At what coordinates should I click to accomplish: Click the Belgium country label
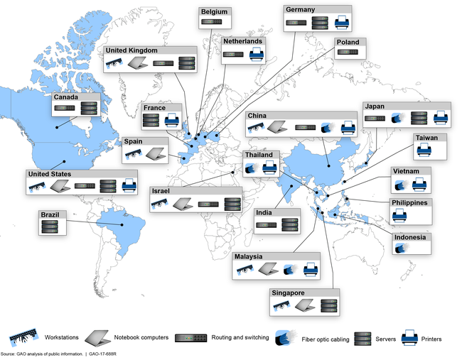click(215, 12)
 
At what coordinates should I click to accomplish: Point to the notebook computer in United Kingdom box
click(137, 64)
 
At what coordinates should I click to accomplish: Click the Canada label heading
click(66, 97)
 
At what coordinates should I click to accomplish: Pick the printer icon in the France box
click(172, 120)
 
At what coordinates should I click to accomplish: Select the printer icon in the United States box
click(129, 186)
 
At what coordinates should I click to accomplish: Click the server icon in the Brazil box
click(50, 226)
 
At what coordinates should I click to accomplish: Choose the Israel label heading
click(162, 191)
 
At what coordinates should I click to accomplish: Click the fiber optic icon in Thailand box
click(252, 168)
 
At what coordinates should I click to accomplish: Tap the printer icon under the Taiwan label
click(424, 149)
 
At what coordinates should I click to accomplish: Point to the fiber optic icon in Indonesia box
click(401, 248)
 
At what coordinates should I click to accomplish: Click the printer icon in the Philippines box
click(400, 215)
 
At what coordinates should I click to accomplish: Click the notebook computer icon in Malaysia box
click(268, 269)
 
